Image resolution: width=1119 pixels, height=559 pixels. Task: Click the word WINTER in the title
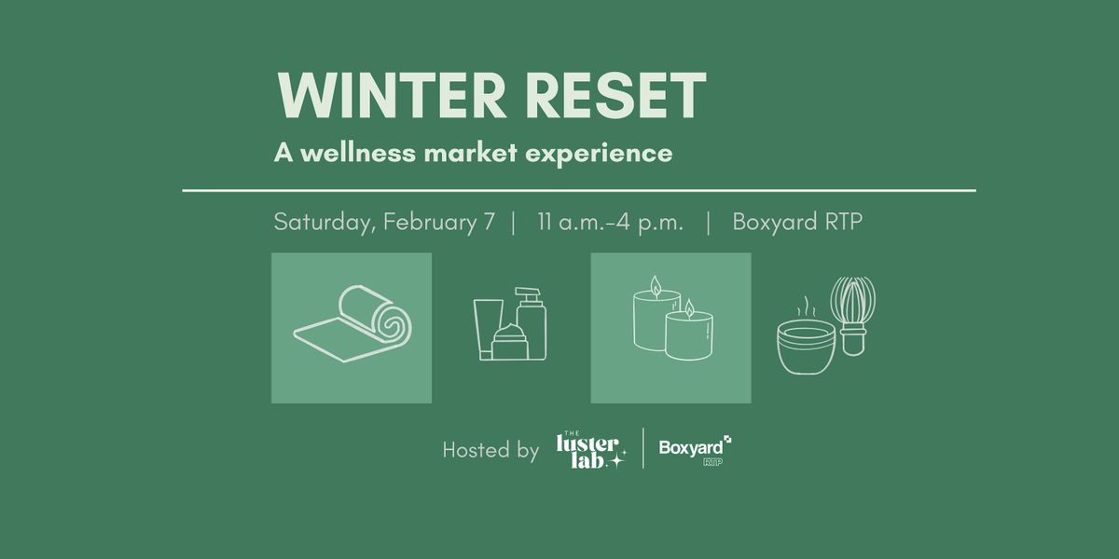coord(393,95)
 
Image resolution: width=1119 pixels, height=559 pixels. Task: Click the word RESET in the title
coord(616,95)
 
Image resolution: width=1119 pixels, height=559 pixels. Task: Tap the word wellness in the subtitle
coord(358,152)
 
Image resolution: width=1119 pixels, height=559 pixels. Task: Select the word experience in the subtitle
coord(599,154)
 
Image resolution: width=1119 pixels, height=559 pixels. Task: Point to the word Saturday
coord(325,222)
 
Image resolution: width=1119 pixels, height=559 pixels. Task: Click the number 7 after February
coord(489,222)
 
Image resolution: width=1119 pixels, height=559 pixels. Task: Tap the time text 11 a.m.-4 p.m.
coord(610,222)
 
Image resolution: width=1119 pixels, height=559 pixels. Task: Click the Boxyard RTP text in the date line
coord(797,222)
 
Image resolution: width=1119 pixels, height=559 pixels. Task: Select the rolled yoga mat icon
coord(352,323)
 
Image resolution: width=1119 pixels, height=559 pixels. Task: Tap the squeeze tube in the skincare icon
coord(487,328)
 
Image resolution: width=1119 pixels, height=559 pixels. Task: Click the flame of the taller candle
coord(656,287)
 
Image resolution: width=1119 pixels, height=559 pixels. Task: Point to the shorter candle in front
coord(688,334)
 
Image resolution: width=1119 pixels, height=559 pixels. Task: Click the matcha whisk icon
coord(852,316)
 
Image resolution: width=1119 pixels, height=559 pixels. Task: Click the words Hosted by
coord(490,450)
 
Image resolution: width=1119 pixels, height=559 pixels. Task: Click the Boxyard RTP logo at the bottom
coord(696,450)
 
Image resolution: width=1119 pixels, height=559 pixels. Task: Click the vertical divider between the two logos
coord(642,448)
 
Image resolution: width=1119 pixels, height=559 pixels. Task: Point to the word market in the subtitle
coord(470,152)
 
